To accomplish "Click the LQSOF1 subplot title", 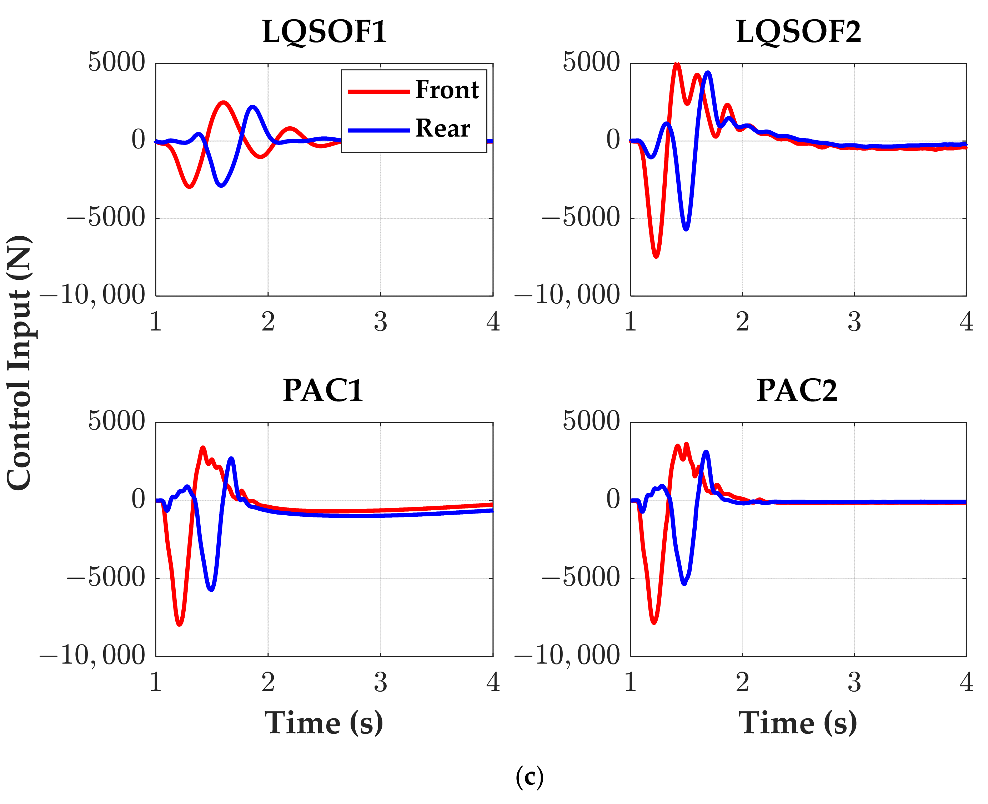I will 324,32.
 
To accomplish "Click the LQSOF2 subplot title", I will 798,32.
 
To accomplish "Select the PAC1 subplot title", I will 323,390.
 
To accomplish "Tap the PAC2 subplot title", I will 797,390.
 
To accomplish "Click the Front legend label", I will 446,90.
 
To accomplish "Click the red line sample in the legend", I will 378,92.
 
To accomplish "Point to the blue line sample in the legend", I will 378,131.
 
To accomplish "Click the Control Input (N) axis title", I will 20,362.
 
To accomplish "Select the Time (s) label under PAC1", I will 324,723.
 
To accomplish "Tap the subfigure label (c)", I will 529,778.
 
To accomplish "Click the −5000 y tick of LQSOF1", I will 106,218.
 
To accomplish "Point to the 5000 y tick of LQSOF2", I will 591,62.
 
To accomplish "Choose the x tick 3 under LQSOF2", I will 854,322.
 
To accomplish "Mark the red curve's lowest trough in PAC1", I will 179,624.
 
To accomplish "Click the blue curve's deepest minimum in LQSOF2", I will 686,229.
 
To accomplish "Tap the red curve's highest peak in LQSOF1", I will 224,102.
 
